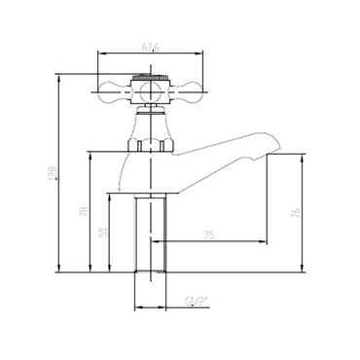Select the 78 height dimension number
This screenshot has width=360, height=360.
click(85, 211)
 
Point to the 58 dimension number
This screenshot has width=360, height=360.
click(102, 234)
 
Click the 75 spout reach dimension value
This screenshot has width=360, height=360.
click(209, 234)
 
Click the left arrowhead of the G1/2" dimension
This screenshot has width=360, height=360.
click(134, 308)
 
